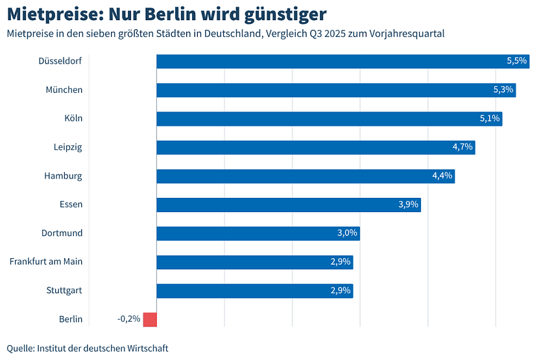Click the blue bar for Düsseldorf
[343, 61]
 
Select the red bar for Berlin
[150, 319]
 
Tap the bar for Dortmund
[258, 234]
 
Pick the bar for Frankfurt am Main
[254, 262]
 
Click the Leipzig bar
[315, 147]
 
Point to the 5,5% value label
[517, 61]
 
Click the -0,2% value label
[128, 319]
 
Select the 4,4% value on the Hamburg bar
[442, 176]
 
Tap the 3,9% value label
[409, 205]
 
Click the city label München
[64, 90]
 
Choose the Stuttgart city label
[64, 291]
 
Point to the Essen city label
[71, 205]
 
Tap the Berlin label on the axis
[71, 319]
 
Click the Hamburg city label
[63, 176]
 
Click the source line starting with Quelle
[88, 348]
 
